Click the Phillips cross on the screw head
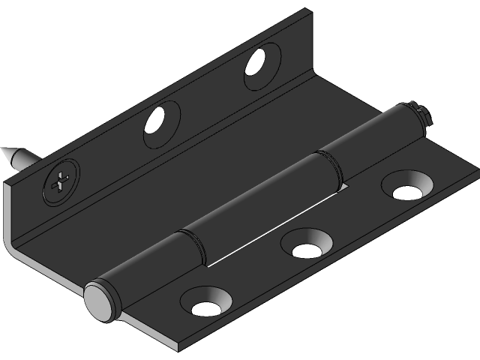pos(59,181)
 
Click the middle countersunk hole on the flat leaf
pos(306,246)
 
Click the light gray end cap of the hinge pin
pos(97,300)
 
